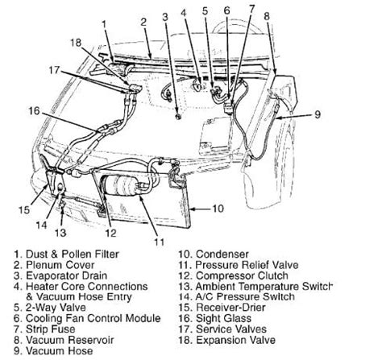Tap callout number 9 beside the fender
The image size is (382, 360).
(x=318, y=115)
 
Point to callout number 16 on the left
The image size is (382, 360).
(x=33, y=111)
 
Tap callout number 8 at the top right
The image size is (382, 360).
(x=267, y=14)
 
